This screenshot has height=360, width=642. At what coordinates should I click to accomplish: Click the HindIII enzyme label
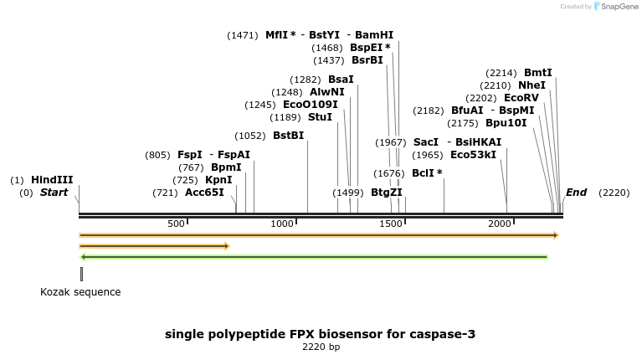click(52, 180)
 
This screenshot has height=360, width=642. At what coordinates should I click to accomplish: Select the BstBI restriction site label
click(288, 136)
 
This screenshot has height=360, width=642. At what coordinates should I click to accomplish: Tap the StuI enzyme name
click(320, 117)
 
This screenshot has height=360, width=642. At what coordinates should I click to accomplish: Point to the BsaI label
click(341, 80)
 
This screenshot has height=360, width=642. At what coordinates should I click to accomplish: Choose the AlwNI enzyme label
click(326, 92)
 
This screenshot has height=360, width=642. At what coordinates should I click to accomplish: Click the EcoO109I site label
click(310, 105)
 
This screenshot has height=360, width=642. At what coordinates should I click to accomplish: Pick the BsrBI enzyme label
click(367, 60)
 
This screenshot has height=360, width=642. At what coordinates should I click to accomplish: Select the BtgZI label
click(386, 193)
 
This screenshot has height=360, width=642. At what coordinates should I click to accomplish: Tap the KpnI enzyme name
click(218, 180)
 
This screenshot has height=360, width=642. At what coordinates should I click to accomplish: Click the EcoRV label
click(521, 98)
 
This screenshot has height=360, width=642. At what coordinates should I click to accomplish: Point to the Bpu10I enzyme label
click(506, 123)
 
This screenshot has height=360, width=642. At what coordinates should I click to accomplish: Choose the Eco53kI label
click(473, 155)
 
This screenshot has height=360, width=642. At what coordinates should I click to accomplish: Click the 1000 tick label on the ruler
click(282, 224)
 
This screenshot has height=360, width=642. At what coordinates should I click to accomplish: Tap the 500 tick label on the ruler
click(176, 224)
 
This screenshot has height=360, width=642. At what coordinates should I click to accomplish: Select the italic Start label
click(54, 193)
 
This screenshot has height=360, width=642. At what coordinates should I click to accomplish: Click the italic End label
click(576, 193)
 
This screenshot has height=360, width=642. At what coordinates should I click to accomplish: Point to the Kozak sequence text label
click(80, 292)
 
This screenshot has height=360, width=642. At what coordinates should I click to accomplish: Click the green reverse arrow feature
click(314, 257)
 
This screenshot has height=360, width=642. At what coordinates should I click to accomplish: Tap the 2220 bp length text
click(321, 347)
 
